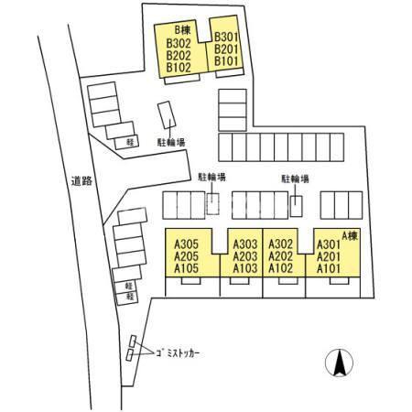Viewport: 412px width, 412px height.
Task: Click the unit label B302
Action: pos(179,43)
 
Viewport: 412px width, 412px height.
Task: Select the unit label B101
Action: pos(226,60)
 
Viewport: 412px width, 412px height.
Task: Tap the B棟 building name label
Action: pos(182,30)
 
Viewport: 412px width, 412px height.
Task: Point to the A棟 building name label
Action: pos(350,235)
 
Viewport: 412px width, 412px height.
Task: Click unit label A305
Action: pos(186,244)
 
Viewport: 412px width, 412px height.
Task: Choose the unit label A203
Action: pos(245,256)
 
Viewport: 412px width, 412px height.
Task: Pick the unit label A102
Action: pos(280,268)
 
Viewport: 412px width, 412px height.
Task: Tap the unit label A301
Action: pos(329,244)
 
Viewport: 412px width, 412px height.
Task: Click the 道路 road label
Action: pos(81,180)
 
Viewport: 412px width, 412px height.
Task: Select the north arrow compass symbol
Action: pos(339,363)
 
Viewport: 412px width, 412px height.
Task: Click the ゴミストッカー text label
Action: pos(178,353)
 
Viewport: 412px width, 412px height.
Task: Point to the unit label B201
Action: pos(226,49)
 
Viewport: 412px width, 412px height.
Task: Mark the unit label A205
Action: pos(186,256)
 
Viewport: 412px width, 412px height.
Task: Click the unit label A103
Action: pos(245,268)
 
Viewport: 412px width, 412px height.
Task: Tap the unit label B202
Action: pos(179,55)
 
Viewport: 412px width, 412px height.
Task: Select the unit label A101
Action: pos(329,268)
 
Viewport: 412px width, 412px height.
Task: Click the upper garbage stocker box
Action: pos(133,342)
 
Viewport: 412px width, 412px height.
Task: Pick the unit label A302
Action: pos(280,244)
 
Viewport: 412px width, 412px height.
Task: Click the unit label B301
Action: pos(226,37)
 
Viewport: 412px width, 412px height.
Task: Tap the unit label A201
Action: pos(329,256)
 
